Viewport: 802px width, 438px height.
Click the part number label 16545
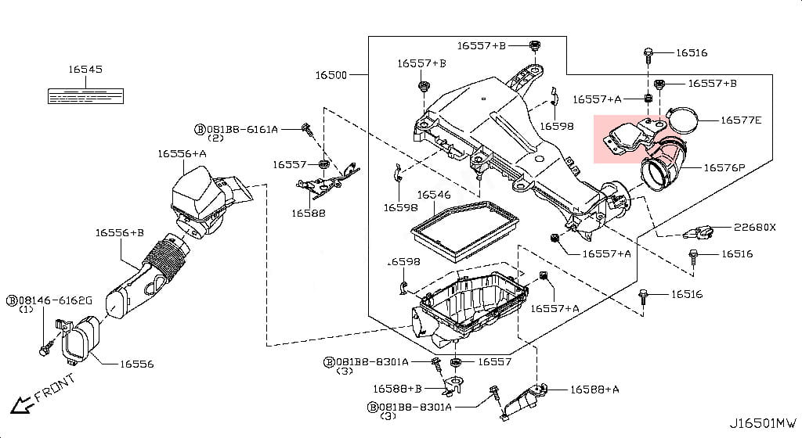click(x=85, y=70)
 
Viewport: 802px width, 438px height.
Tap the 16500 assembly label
click(x=331, y=75)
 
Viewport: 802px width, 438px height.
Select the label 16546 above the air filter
click(x=433, y=195)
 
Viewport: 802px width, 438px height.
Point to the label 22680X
click(x=754, y=227)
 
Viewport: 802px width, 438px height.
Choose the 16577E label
click(x=741, y=120)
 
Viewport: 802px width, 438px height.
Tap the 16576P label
click(x=724, y=167)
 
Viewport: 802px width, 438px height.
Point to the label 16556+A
click(x=182, y=153)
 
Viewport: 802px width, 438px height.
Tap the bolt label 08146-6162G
click(x=55, y=300)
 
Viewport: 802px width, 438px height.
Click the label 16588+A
click(x=594, y=389)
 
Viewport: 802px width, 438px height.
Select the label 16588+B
click(x=397, y=388)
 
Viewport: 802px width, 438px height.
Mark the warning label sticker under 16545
click(x=85, y=96)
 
